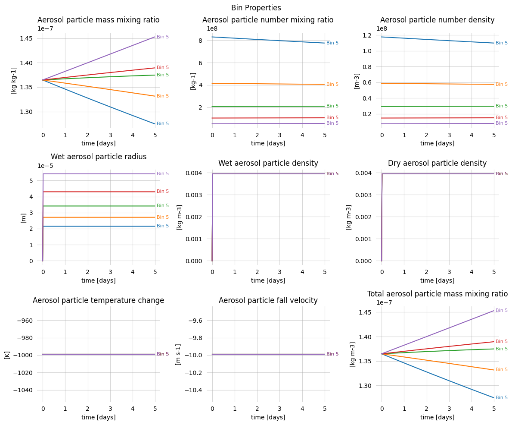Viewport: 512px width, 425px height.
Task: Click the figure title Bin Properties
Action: [x=256, y=8]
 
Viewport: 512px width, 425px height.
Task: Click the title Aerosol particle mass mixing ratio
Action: [x=98, y=20]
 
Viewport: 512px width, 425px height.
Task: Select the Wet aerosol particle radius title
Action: [x=98, y=157]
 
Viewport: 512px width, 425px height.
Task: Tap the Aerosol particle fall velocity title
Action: [x=268, y=300]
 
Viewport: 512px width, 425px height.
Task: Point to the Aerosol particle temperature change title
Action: [x=98, y=300]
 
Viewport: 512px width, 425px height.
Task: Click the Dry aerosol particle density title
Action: [x=437, y=163]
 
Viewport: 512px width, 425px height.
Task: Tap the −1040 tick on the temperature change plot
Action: [x=21, y=390]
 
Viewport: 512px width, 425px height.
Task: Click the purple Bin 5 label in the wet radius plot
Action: [x=163, y=174]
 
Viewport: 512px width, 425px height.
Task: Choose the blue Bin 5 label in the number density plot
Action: [x=502, y=43]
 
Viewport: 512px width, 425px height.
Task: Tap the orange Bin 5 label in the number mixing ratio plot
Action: [x=332, y=85]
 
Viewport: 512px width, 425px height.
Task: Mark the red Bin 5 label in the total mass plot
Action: [x=502, y=342]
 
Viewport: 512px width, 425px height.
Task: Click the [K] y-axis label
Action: [x=7, y=355]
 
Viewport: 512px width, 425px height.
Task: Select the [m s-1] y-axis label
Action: [x=178, y=355]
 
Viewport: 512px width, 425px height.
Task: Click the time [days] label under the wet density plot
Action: [x=268, y=280]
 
